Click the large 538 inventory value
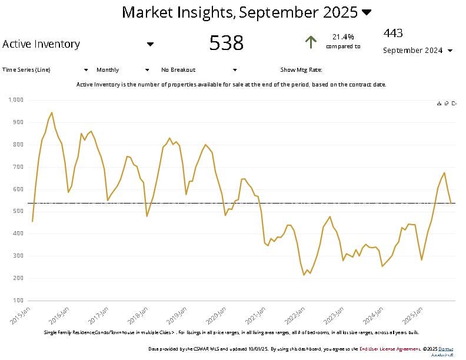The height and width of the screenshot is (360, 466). tap(227, 43)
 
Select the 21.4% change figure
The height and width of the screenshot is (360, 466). tap(343, 36)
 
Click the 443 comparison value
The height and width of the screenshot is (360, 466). tap(393, 33)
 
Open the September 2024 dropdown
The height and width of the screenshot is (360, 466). tap(418, 51)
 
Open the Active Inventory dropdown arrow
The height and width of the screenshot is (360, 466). tap(150, 44)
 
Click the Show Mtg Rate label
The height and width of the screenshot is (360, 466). tap(301, 70)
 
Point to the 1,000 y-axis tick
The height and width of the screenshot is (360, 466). tap(16, 100)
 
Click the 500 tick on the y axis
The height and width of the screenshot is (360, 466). tap(18, 211)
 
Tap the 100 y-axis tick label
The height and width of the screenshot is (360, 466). tap(18, 301)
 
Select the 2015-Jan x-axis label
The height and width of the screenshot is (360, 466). tap(22, 315)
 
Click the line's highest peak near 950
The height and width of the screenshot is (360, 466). tap(52, 112)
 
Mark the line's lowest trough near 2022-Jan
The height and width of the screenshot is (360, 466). tap(304, 275)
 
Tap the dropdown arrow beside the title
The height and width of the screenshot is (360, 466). tap(367, 12)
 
